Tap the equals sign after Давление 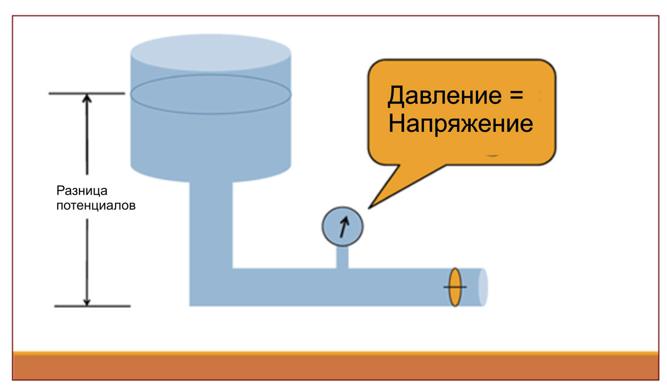click(x=515, y=96)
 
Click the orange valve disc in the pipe click(x=455, y=287)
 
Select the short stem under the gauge click(x=342, y=257)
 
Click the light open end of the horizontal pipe click(x=482, y=287)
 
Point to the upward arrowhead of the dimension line click(x=87, y=99)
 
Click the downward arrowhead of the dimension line click(x=87, y=300)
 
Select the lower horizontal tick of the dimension click(x=92, y=306)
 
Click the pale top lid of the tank click(x=211, y=53)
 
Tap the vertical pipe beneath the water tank click(x=211, y=222)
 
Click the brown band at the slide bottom click(x=333, y=367)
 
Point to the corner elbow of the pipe click(x=211, y=286)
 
